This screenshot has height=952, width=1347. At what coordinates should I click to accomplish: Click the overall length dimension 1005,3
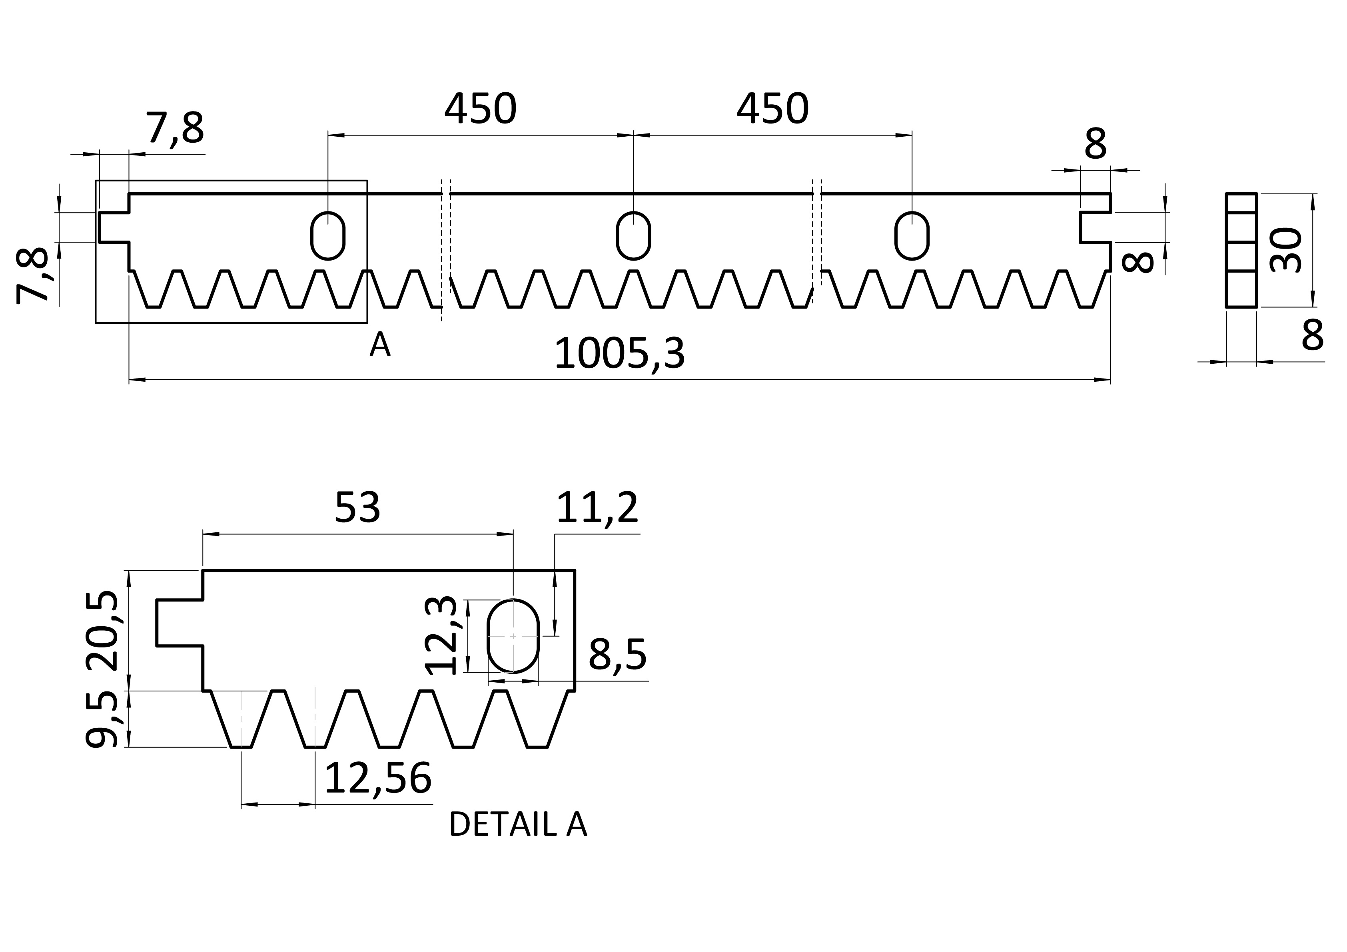pos(620,354)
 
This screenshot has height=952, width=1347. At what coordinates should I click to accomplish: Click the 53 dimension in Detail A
pos(357,508)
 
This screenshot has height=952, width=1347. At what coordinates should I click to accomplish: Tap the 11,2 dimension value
pos(597,508)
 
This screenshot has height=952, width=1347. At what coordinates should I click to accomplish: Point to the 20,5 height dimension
pos(103,631)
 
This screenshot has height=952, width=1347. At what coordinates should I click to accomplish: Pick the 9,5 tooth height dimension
pos(103,720)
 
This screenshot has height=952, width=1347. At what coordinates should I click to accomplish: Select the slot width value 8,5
pos(617,655)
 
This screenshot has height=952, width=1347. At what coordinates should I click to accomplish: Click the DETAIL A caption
pos(517,825)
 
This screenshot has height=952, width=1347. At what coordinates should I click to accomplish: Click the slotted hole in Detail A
pos(513,636)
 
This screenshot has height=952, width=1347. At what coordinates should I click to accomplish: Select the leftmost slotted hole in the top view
pos(328,235)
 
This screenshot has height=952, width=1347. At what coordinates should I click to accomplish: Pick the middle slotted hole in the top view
pos(634,235)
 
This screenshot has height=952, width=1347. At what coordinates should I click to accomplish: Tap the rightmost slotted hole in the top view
pos(912,235)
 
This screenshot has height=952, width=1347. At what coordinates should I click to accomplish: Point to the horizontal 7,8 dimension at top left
pos(175,128)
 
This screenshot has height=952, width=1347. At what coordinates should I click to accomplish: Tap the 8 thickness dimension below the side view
pos(1312,335)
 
